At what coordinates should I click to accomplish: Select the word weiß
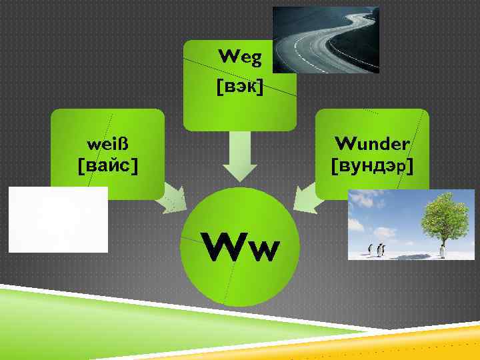pos(107,143)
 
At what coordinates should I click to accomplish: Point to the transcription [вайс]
pos(108,163)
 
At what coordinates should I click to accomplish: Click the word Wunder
pos(372,143)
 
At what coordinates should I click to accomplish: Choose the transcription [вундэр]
pos(371,164)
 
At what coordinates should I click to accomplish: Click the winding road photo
pos(325,40)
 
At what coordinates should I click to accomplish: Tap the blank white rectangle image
pos(58,219)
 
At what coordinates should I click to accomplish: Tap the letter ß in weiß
pos(121,143)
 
